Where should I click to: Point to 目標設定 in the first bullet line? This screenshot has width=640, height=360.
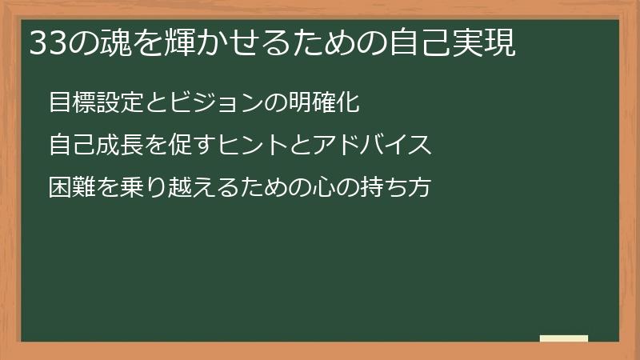(x=97, y=102)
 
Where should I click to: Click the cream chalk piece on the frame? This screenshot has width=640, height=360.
(x=563, y=338)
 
